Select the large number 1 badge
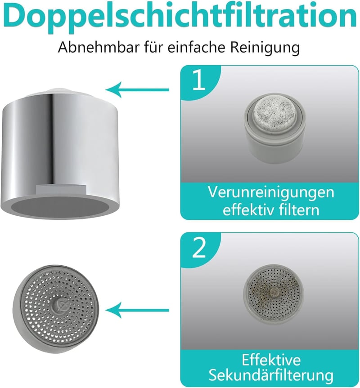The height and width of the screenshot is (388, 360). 199,80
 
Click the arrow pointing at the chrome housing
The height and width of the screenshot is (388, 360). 137,89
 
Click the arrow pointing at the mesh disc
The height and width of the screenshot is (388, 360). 137,310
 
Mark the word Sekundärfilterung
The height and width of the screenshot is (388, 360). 271,375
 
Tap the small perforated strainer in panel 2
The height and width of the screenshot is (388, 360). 273,294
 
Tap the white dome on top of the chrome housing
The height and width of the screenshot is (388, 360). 61,90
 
